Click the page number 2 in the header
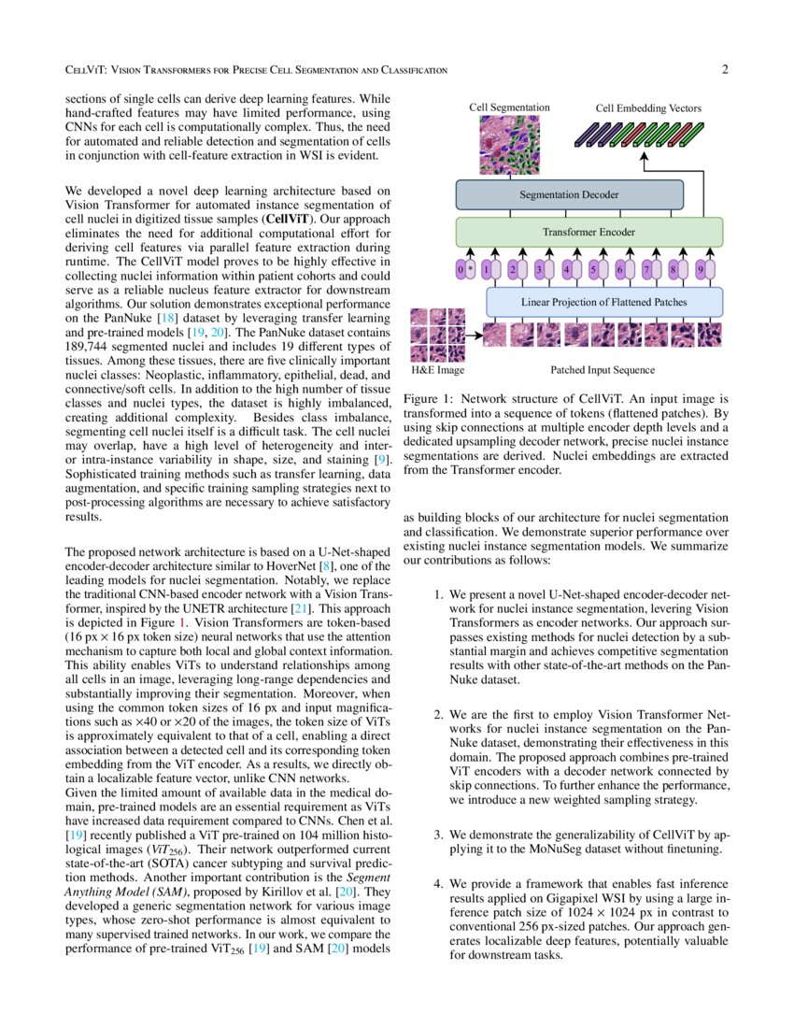click(725, 70)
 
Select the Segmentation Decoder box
click(569, 195)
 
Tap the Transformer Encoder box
click(588, 231)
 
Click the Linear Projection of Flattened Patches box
click(604, 302)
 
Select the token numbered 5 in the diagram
click(593, 270)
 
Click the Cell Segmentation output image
click(509, 145)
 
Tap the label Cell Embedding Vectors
click(648, 108)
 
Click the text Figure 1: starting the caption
click(429, 398)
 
